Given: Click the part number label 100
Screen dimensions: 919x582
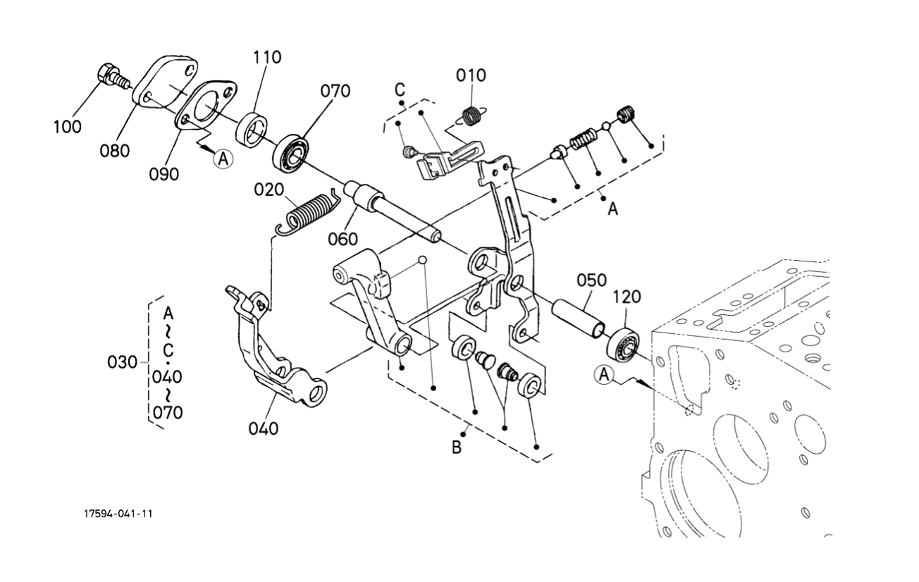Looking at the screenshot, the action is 68,127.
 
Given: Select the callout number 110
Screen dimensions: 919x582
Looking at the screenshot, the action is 267,57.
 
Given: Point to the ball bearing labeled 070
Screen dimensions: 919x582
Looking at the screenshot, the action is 291,153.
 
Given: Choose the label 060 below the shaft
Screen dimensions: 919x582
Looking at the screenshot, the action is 343,239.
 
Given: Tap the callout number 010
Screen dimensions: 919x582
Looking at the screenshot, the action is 471,75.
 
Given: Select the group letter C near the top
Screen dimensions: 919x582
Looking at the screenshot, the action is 400,89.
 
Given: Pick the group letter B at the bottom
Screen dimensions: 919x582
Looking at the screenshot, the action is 456,447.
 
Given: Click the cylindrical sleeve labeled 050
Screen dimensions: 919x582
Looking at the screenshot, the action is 578,319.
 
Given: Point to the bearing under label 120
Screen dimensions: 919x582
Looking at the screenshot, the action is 623,345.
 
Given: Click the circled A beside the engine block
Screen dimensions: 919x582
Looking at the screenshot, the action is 603,375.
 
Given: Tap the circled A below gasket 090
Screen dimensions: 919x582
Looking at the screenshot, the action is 223,159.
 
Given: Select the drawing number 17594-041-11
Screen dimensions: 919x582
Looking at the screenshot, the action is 118,514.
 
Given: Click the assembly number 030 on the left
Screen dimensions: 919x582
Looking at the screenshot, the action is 122,363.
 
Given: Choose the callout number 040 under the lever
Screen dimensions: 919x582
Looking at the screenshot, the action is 264,429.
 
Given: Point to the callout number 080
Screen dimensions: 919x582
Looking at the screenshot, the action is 114,151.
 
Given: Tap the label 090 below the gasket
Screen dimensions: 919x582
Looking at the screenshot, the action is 164,175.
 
